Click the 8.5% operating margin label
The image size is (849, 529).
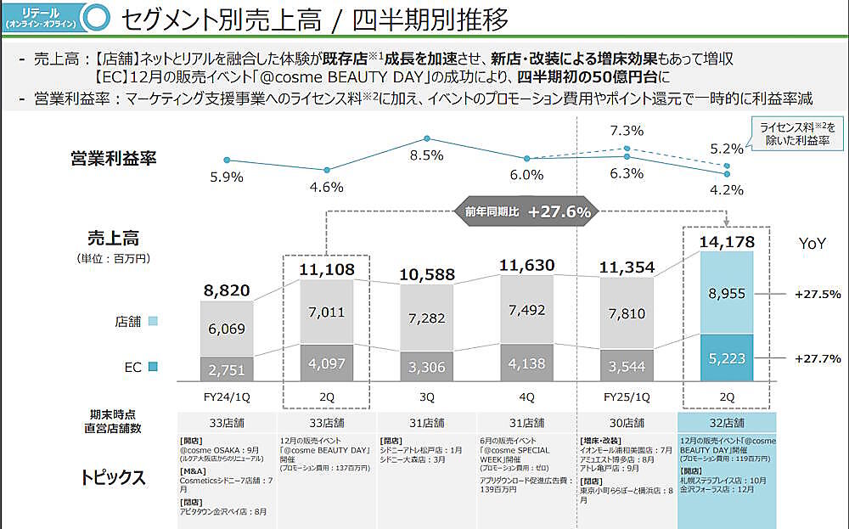[426, 155]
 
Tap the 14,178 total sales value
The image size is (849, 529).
[726, 242]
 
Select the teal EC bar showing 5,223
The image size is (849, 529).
[726, 357]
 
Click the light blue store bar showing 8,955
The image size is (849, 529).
[726, 294]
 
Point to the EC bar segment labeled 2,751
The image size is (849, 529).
[227, 369]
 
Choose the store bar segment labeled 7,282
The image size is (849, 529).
[425, 318]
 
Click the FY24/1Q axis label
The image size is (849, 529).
[227, 396]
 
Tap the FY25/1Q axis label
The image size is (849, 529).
[627, 396]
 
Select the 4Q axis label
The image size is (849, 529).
[526, 396]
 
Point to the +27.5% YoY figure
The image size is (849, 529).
[817, 295]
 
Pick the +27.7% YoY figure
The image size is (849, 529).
[817, 358]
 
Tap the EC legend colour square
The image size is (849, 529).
[152, 368]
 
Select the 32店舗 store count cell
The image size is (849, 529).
[726, 422]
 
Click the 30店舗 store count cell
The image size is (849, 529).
[627, 422]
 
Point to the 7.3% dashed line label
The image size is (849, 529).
[627, 130]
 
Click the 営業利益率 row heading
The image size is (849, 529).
[114, 158]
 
